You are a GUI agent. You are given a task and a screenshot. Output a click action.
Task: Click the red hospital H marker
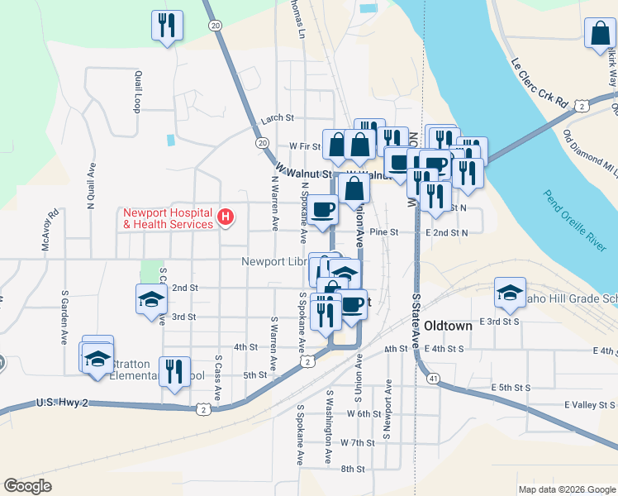[x=225, y=218]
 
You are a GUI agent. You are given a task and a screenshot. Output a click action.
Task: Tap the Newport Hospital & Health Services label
[x=167, y=218]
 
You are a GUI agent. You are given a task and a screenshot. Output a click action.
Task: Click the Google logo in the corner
[x=27, y=485]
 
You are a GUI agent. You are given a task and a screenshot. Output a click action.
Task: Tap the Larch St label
[x=278, y=118]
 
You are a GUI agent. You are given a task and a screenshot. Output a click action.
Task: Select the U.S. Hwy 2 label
[x=63, y=403]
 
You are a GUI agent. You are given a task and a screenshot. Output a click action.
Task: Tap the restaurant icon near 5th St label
[x=174, y=371]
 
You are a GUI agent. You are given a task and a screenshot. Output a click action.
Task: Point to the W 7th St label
[x=357, y=443]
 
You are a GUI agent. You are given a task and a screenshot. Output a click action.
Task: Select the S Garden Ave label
[x=64, y=317]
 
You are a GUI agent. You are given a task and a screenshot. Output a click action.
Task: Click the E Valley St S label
[x=589, y=405]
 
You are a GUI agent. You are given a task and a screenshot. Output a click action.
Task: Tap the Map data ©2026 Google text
[x=567, y=489]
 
